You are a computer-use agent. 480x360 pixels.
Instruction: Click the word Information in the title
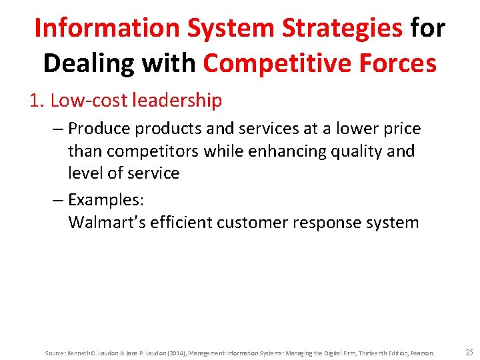coord(107,28)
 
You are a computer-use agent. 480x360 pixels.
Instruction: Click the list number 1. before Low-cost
coord(37,101)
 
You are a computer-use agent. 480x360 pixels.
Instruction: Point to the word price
coord(401,128)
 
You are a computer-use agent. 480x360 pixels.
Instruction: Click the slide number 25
coord(469,352)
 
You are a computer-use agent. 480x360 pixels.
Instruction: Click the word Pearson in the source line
coord(421,353)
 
